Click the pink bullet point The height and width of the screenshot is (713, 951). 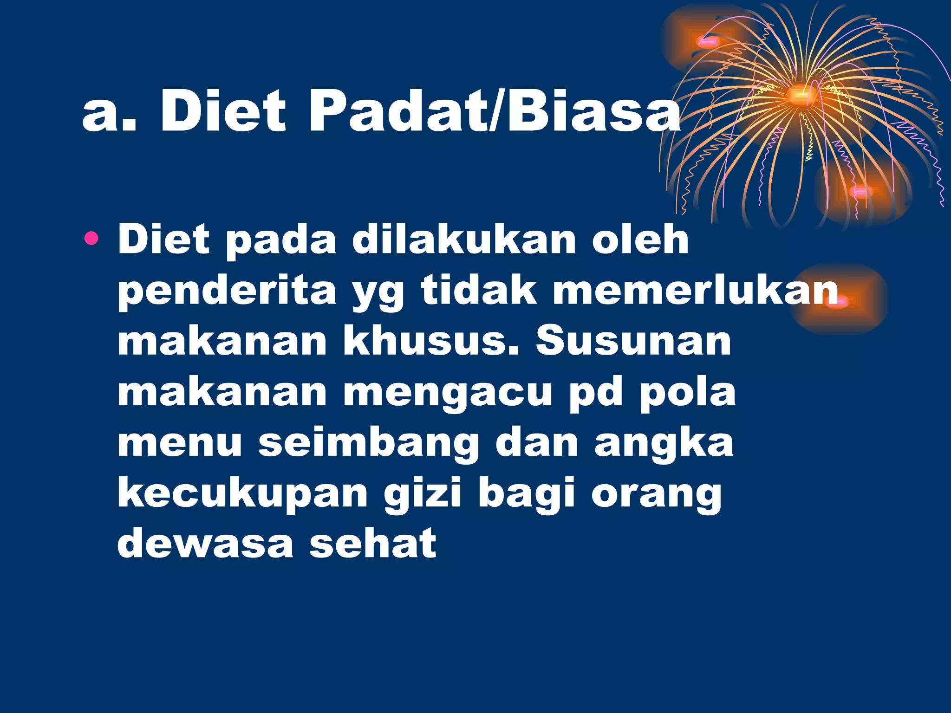click(x=91, y=239)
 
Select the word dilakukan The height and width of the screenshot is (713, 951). click(x=464, y=240)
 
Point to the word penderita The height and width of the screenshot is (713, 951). click(x=227, y=292)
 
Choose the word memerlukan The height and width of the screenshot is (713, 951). click(x=696, y=291)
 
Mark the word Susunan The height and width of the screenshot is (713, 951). click(x=633, y=341)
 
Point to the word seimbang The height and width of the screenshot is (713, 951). click(x=369, y=443)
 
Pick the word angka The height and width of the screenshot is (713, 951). click(x=664, y=443)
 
